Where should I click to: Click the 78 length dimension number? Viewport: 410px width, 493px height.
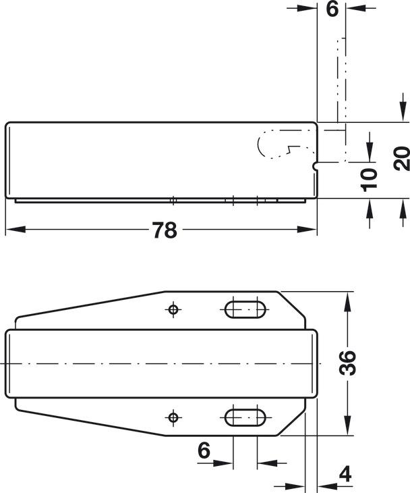coord(164,230)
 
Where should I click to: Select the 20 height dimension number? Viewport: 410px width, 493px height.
coord(401,160)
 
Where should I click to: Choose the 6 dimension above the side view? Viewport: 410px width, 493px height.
coord(332,9)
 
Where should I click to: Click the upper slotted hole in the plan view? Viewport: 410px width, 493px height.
coord(245,309)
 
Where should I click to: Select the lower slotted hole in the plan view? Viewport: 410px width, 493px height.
coord(245,417)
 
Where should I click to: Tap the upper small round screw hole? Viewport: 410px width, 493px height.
coord(173,309)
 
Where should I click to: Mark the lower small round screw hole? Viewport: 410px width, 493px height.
coord(173,417)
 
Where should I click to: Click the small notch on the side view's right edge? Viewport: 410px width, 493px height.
coord(316,163)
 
